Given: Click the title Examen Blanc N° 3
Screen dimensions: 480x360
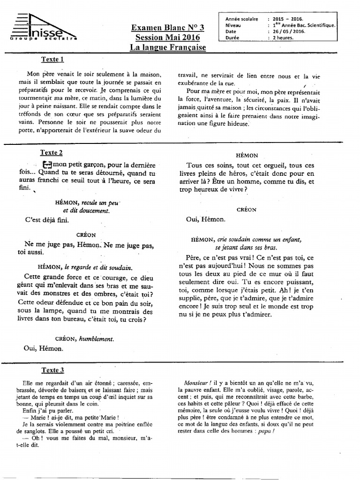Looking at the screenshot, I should pyautogui.click(x=168, y=28).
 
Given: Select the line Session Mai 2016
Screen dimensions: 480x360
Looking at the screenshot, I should pyautogui.click(x=168, y=37).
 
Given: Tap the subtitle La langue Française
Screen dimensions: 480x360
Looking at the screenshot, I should pyautogui.click(x=168, y=47).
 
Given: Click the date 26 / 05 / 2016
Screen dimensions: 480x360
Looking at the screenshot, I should pyautogui.click(x=289, y=32).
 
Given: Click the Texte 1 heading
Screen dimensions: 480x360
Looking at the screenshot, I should pyautogui.click(x=52, y=60).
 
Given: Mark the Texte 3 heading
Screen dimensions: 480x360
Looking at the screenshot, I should pyautogui.click(x=52, y=370).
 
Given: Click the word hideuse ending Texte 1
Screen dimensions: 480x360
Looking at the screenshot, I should pyautogui.click(x=238, y=124).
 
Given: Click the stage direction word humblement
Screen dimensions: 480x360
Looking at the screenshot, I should pyautogui.click(x=97, y=338).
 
